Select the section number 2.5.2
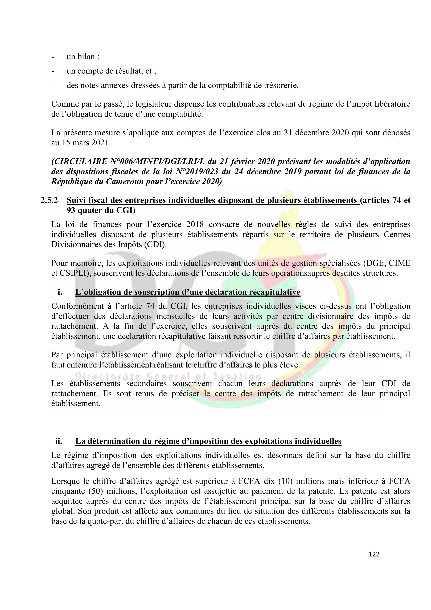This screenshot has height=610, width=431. coord(49,200)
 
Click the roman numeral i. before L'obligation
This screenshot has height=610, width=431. coord(60,292)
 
